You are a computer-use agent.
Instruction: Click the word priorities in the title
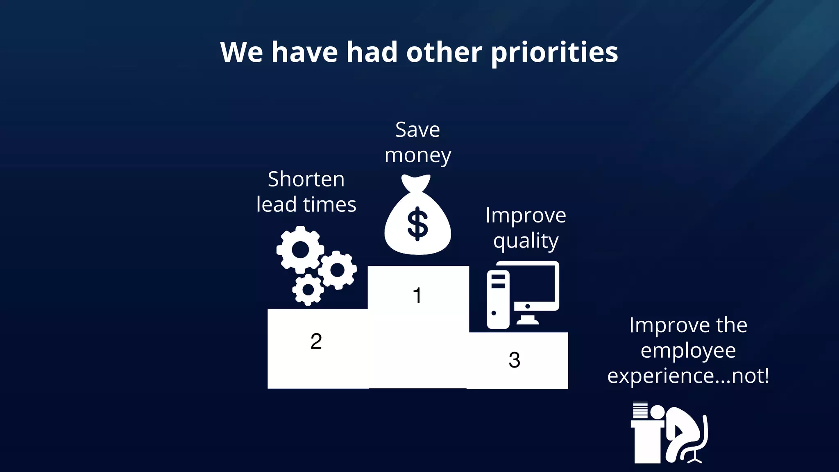(x=554, y=52)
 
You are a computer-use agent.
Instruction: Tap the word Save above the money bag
(x=417, y=130)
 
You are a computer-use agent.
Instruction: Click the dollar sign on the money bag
(x=417, y=224)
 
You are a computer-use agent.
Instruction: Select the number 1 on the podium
(x=417, y=295)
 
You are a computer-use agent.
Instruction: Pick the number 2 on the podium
(x=316, y=341)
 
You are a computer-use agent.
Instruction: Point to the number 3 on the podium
(x=514, y=360)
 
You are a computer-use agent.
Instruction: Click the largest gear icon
(x=300, y=250)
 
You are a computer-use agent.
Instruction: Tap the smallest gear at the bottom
(x=308, y=290)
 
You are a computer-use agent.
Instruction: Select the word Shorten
(x=306, y=179)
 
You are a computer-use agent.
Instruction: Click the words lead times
(x=306, y=204)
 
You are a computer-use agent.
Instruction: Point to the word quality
(x=526, y=241)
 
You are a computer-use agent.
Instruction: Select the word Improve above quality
(x=526, y=216)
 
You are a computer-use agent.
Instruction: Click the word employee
(x=688, y=351)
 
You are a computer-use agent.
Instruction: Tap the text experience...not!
(x=688, y=376)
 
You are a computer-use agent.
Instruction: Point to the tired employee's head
(x=658, y=412)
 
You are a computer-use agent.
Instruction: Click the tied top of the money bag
(x=416, y=182)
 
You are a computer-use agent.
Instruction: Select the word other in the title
(x=444, y=52)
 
